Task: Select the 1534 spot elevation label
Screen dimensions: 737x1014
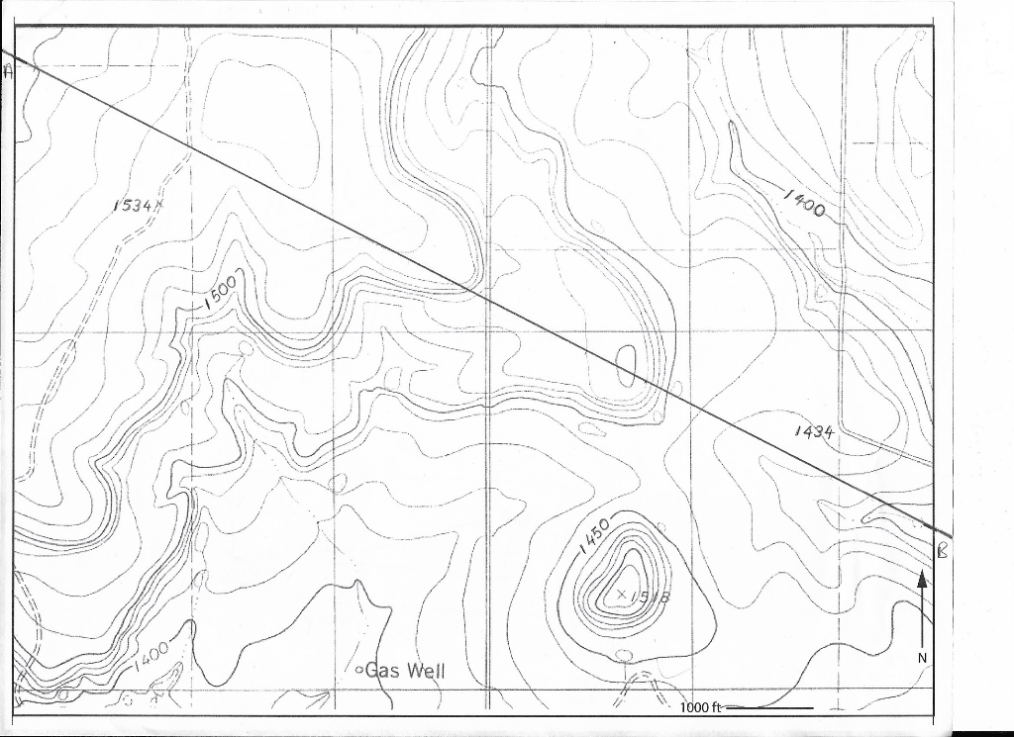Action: (133, 206)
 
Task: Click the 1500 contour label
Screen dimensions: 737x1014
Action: (221, 293)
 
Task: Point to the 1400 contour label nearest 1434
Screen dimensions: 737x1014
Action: (807, 203)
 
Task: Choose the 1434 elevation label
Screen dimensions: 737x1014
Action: (814, 432)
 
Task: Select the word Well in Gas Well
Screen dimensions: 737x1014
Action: (424, 671)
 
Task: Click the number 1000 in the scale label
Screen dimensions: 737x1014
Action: (695, 708)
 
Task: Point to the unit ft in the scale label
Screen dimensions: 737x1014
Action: (719, 708)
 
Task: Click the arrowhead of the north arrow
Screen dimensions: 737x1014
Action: (922, 579)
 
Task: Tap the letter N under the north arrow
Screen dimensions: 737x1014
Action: (921, 658)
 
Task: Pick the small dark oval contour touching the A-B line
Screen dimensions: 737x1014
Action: (627, 365)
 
